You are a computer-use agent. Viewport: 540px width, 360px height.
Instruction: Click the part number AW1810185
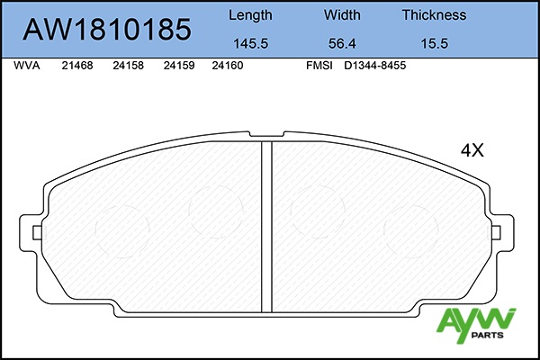click(107, 30)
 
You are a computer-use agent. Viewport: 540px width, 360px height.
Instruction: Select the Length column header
click(250, 15)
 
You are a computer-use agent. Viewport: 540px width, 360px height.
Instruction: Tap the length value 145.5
click(251, 44)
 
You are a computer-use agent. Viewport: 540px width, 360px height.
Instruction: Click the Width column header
click(342, 14)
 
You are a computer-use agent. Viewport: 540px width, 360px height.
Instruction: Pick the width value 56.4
click(342, 44)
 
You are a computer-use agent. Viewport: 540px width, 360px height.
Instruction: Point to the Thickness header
click(435, 14)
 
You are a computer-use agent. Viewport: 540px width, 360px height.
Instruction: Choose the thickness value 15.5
click(435, 44)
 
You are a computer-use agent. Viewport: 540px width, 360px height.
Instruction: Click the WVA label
click(27, 66)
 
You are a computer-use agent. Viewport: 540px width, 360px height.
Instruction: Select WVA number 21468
click(77, 66)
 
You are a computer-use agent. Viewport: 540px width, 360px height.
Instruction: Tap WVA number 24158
click(128, 66)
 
